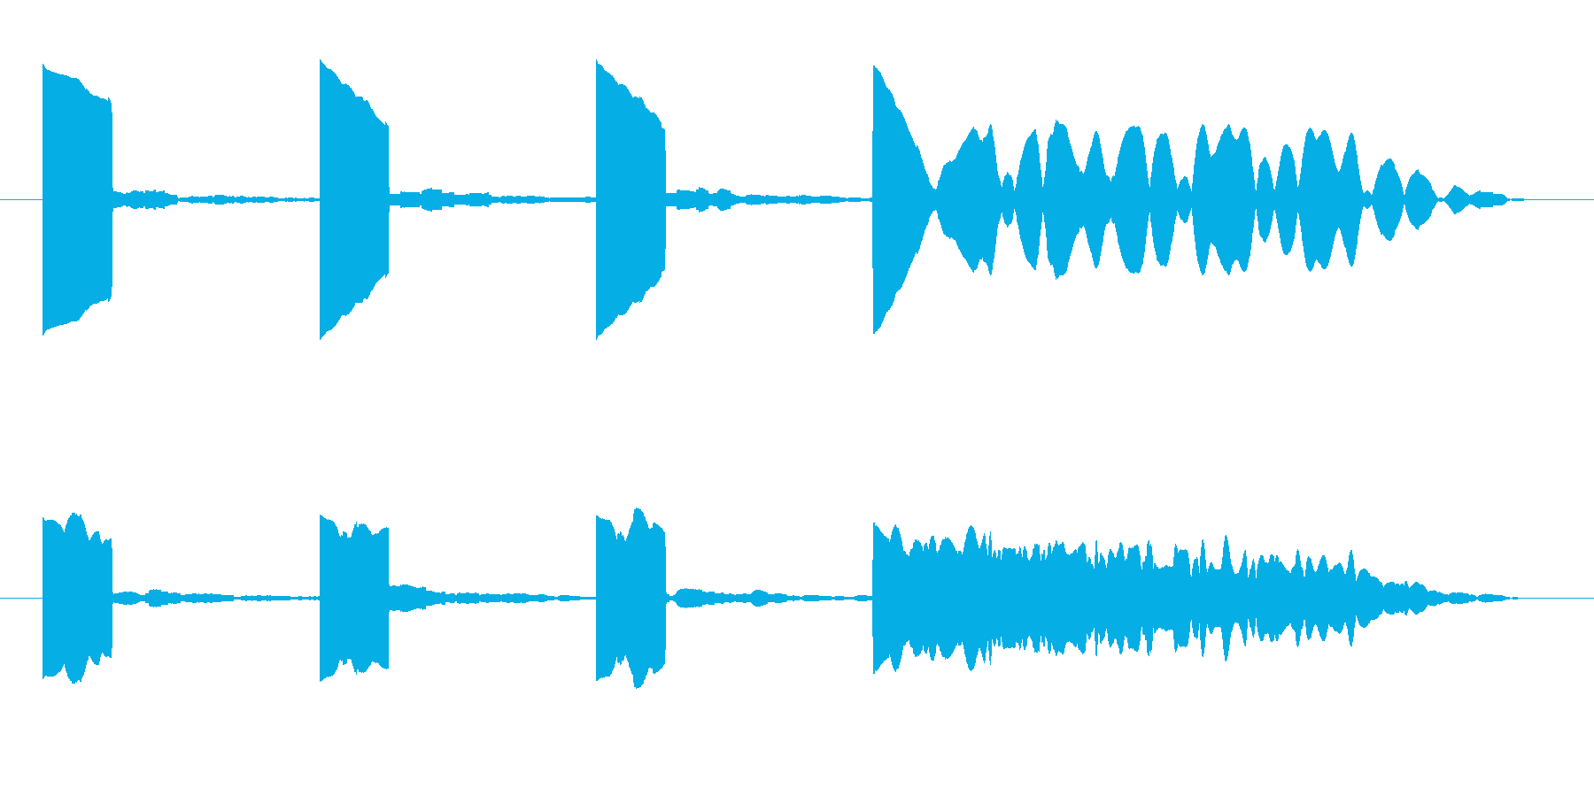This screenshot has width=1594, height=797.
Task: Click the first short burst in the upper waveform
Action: tap(77, 199)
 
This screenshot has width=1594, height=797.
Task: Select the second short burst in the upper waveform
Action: tap(353, 199)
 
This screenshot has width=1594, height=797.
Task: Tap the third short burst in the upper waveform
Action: tap(630, 199)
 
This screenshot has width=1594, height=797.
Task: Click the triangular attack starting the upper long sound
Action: tap(894, 199)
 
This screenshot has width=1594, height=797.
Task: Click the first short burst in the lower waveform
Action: tap(77, 598)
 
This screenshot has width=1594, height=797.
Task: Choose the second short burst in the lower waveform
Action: tap(353, 598)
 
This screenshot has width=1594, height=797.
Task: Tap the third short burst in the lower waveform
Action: tap(630, 598)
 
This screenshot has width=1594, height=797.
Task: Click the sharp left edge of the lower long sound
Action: tap(875, 598)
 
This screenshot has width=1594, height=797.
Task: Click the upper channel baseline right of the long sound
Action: tap(1559, 199)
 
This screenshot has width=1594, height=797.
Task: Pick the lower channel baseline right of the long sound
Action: tap(1559, 598)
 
